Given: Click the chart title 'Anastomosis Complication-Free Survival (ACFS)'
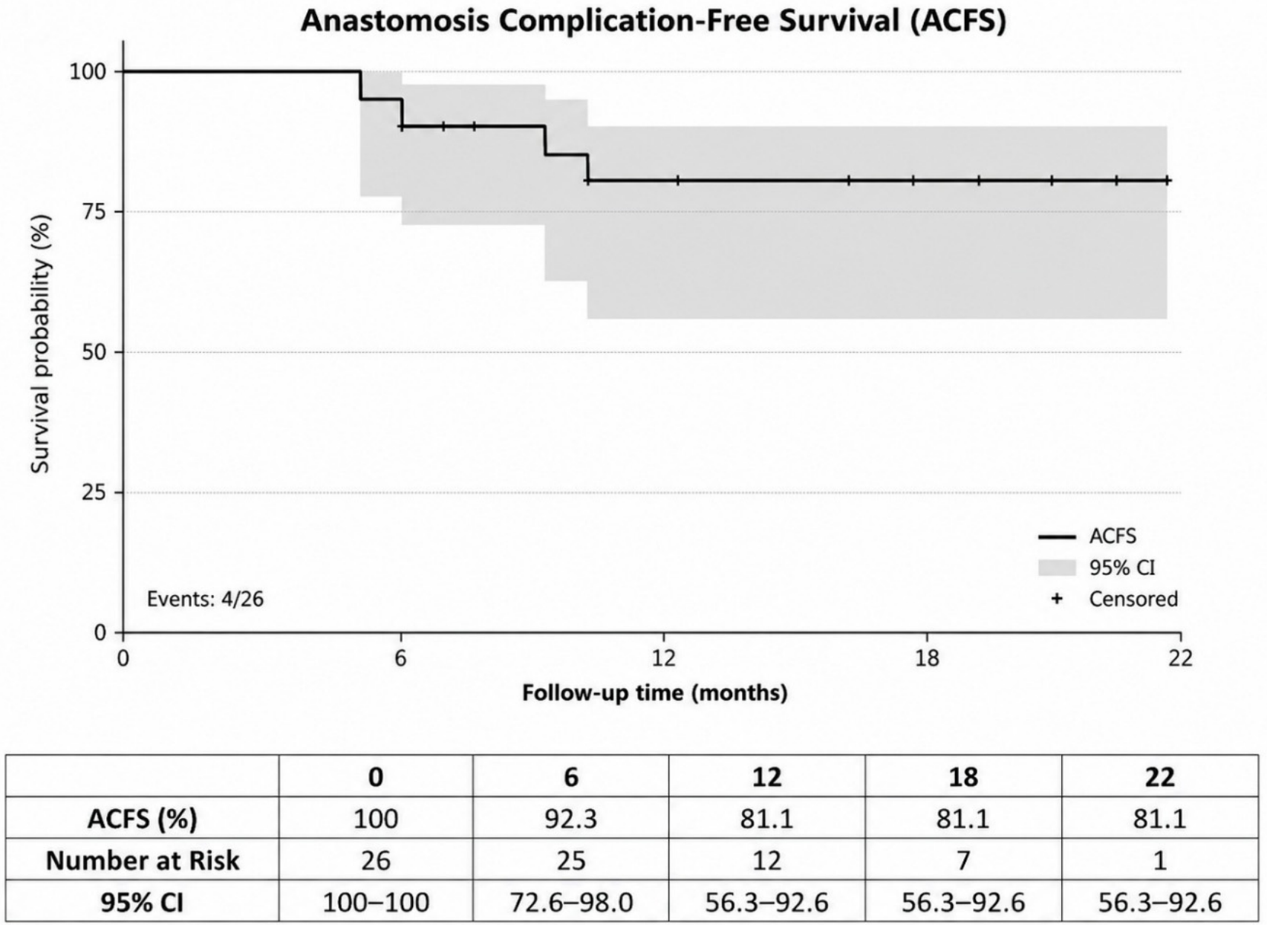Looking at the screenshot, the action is (654, 22).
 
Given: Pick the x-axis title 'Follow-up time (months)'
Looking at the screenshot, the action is (654, 693).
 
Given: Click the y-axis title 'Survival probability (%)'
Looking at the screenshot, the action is (41, 345).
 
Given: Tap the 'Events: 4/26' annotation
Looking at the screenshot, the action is (205, 599).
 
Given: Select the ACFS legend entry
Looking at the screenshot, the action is (1087, 536).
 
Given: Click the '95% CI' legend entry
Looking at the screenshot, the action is (1097, 568).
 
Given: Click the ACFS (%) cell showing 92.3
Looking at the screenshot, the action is (570, 819).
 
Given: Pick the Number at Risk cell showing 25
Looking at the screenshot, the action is (570, 860).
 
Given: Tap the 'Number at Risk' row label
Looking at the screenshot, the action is (143, 860).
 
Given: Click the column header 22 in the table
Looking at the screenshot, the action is (1160, 776).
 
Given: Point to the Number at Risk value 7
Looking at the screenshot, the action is (963, 860).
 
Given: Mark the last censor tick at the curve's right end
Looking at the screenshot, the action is (1166, 181).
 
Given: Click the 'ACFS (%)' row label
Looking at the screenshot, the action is (143, 819).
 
